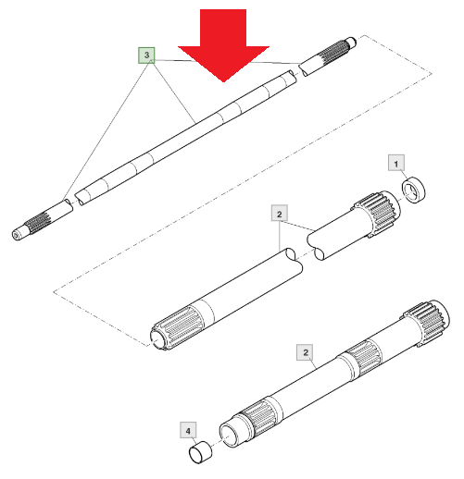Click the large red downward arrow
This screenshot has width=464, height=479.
[x=223, y=46]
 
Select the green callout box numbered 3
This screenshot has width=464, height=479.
[x=146, y=55]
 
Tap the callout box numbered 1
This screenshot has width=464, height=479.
[x=396, y=163]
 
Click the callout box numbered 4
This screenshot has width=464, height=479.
[x=188, y=430]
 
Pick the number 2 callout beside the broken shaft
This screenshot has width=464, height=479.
[x=280, y=213]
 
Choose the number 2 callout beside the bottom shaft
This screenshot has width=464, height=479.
[x=306, y=352]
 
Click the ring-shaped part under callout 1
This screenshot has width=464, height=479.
[x=413, y=190]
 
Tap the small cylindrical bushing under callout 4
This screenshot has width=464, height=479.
[x=200, y=452]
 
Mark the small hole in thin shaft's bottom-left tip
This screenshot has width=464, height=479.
[x=16, y=235]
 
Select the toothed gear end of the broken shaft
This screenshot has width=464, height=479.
[x=377, y=214]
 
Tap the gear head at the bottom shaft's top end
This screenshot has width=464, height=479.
[x=426, y=323]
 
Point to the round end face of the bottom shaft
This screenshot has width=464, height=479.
[x=230, y=436]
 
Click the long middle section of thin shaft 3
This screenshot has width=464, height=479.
[x=185, y=137]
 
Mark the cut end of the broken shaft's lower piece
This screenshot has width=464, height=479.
[x=294, y=260]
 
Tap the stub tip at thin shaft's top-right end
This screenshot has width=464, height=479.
[x=351, y=43]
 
